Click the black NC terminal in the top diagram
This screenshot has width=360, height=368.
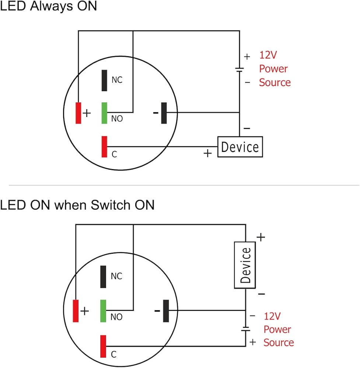click(104, 81)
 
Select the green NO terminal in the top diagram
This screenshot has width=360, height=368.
click(104, 113)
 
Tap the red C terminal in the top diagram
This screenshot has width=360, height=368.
click(104, 147)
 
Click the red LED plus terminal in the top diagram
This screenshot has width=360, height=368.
click(78, 113)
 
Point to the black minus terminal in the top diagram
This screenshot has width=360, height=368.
click(164, 113)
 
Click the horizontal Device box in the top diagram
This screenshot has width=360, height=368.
click(240, 147)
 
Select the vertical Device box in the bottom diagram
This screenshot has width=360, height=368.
click(245, 265)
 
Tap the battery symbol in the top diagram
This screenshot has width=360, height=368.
click(240, 70)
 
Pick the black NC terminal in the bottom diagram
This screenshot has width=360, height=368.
click(103, 277)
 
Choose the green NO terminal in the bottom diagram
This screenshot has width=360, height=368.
click(103, 311)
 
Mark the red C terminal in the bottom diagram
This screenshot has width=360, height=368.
click(103, 346)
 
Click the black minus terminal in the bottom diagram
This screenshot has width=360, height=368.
click(166, 311)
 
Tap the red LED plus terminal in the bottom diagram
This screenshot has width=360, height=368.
click(76, 311)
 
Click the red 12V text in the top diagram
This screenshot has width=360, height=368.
click(268, 55)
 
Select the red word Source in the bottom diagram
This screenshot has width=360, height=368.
click(279, 343)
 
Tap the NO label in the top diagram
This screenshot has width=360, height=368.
click(117, 118)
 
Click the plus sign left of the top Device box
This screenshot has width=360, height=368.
click(208, 153)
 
